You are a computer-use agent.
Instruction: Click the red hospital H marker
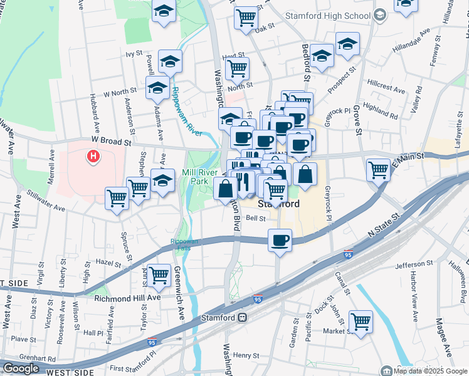93,155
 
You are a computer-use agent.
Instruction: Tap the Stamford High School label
319,14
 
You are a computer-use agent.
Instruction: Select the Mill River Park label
203,177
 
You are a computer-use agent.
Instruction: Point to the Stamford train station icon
241,318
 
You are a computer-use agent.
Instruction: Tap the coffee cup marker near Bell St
280,240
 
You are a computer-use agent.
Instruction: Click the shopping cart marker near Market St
361,322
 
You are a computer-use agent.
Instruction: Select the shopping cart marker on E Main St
378,169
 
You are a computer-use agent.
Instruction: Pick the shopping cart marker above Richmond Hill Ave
159,274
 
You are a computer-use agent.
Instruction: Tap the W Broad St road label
110,142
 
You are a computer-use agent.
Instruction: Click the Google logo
21,368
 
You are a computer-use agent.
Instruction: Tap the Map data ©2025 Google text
430,371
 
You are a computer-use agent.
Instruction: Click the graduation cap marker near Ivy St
170,61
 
